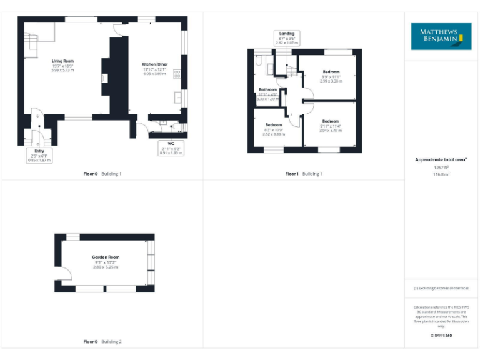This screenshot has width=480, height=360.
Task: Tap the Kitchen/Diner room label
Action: pos(154,64)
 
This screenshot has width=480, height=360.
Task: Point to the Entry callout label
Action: pos(39,151)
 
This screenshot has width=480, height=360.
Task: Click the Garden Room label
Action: pos(105,257)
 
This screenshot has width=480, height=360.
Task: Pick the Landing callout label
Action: pos(287,34)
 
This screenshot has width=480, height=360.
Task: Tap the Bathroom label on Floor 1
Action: pos(268,89)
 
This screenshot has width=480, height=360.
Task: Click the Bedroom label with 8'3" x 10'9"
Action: pos(274,125)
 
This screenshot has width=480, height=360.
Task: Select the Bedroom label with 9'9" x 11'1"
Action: pos(331,72)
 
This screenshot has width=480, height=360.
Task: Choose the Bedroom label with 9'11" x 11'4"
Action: pos(331,121)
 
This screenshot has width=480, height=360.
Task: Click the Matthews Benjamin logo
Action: pos(441,36)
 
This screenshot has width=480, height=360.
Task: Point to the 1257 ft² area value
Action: pos(441,167)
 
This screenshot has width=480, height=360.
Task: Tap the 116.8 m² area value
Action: pos(441,174)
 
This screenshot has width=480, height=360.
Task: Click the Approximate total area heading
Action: pos(441,160)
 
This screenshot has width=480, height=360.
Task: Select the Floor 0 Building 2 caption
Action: pos(102,342)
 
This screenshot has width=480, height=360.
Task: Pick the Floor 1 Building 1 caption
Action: pos(304,173)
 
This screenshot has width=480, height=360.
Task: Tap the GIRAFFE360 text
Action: pos(441,336)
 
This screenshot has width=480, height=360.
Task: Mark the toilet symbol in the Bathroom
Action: pos(258,62)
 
